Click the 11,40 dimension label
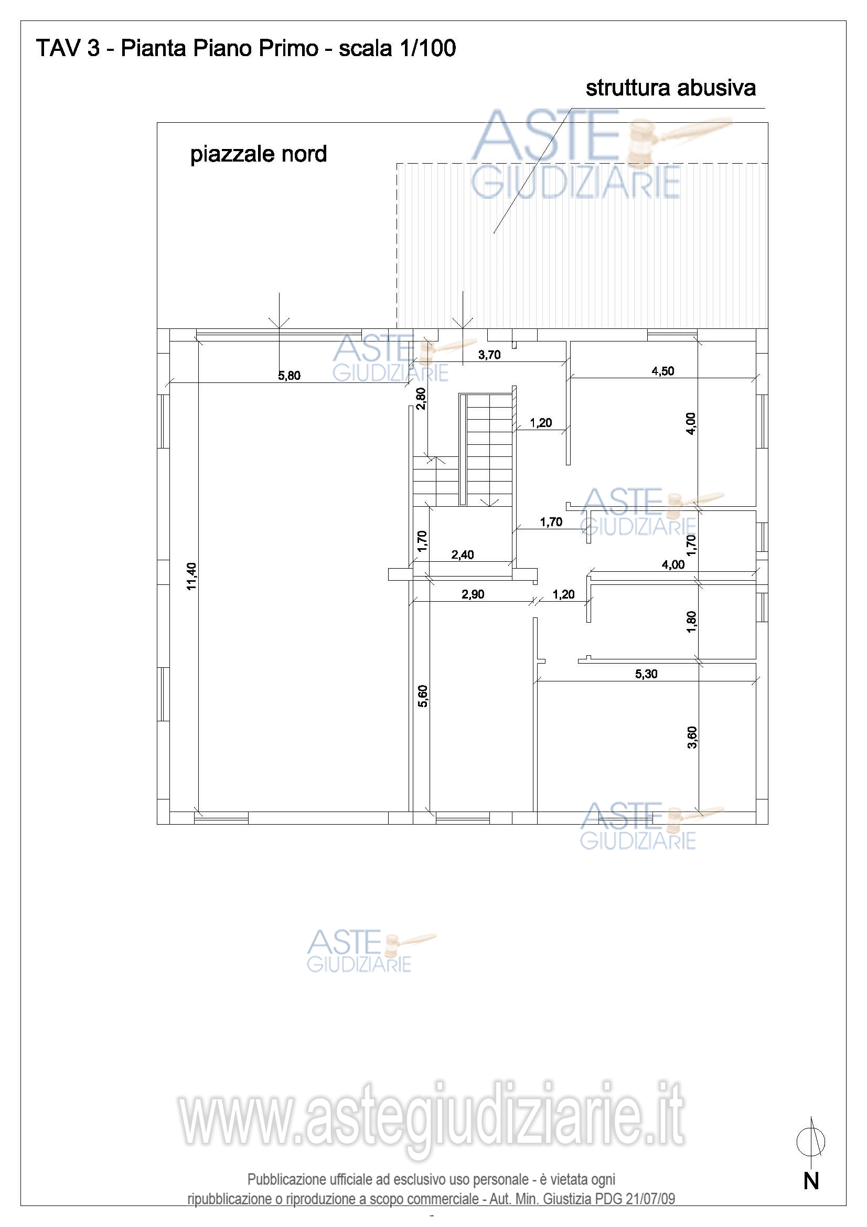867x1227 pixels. click(x=191, y=576)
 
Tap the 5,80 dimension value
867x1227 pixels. click(x=289, y=376)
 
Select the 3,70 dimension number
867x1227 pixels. click(x=489, y=355)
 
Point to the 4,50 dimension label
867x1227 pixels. click(x=663, y=371)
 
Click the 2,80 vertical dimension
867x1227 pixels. click(x=421, y=398)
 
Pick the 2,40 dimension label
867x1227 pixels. click(x=463, y=554)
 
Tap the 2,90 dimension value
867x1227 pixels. click(x=473, y=594)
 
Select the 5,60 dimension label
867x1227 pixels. click(x=423, y=696)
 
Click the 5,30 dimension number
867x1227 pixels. click(x=646, y=674)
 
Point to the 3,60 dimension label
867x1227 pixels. click(x=692, y=738)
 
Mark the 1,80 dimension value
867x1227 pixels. click(x=691, y=622)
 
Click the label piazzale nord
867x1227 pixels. click(x=259, y=154)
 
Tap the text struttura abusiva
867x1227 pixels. click(x=671, y=88)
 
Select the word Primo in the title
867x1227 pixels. click(x=288, y=49)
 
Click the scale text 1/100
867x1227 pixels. click(x=427, y=49)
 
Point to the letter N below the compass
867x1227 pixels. click(x=811, y=1181)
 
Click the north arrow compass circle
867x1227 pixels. click(x=811, y=1143)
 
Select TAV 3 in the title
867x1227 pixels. click(x=68, y=49)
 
